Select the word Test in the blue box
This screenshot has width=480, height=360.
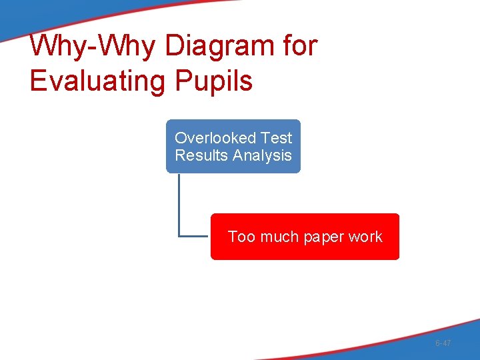tap(277, 138)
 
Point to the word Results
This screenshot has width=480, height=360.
tap(199, 155)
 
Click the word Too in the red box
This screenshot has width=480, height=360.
tap(241, 237)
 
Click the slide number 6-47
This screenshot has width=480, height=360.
tap(443, 343)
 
